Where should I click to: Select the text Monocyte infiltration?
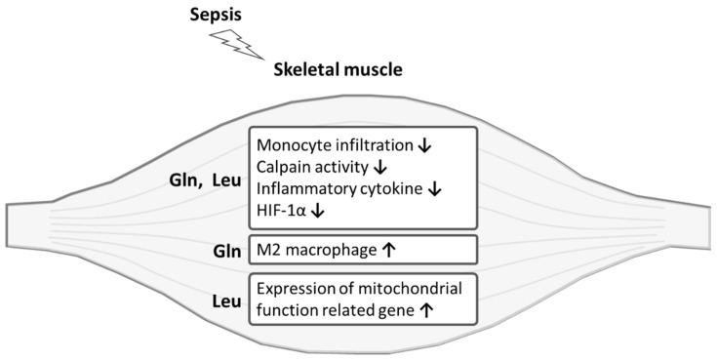coord(332,145)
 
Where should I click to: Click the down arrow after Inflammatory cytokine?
coord(434,189)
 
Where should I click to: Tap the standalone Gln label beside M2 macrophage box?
coord(216,250)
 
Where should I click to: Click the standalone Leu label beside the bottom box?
coord(216,301)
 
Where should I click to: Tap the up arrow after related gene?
coord(426,312)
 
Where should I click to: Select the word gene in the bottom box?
coord(397,313)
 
